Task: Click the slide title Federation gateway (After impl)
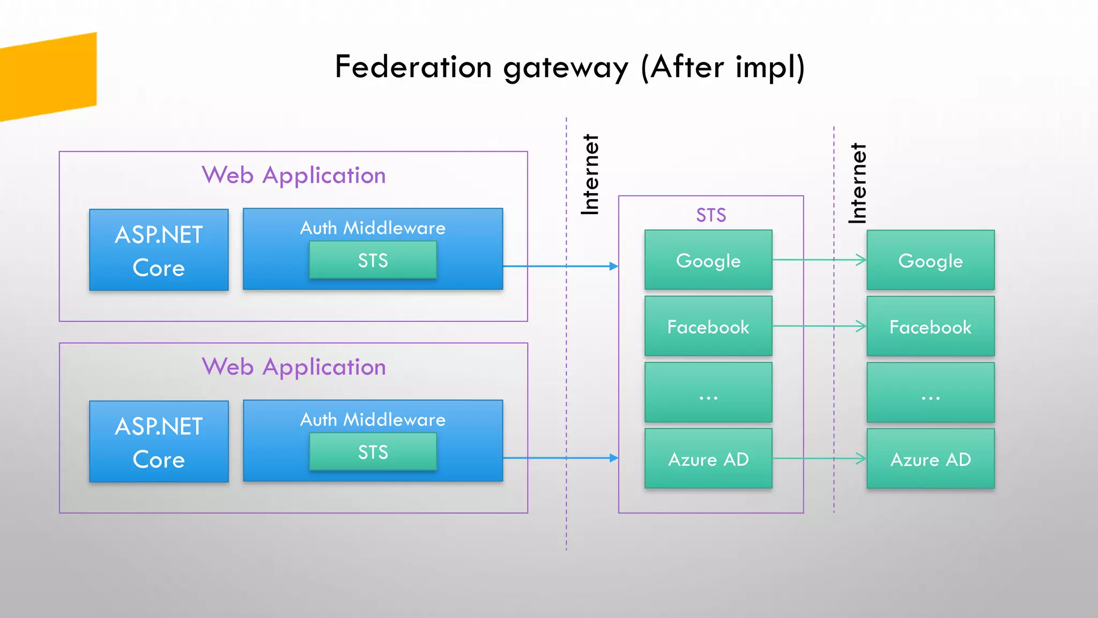(569, 68)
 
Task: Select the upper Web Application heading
(294, 175)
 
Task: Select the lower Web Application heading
(294, 367)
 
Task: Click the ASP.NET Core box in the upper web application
(159, 250)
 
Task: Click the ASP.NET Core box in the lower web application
(159, 442)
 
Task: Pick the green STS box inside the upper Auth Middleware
(373, 260)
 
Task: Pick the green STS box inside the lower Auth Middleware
(373, 452)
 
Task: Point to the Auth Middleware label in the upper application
(373, 228)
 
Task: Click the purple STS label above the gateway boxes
(711, 215)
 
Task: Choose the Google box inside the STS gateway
(708, 260)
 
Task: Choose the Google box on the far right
(930, 260)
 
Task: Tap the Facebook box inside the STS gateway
(708, 326)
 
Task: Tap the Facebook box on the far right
(930, 326)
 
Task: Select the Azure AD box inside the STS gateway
(708, 459)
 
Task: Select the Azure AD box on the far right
(930, 459)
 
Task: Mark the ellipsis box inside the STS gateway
(708, 392)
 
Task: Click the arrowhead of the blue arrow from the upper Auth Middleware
(614, 266)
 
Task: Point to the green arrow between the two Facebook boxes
(819, 326)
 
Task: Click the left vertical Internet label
(590, 175)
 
